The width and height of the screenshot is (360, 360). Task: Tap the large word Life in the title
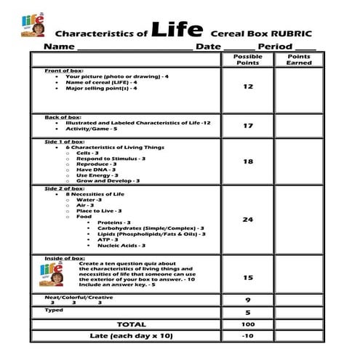177,30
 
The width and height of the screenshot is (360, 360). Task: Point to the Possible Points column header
247,60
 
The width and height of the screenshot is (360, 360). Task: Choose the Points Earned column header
299,60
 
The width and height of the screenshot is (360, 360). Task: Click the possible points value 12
247,87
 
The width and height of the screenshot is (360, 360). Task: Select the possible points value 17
247,126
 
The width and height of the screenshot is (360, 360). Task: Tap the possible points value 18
247,161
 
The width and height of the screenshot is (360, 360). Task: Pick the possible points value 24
247,219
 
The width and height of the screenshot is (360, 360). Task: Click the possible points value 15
247,277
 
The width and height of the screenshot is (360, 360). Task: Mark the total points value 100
247,324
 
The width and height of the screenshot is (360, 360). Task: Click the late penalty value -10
247,335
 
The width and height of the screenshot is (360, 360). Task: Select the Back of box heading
63,117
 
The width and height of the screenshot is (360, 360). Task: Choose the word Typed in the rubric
54,310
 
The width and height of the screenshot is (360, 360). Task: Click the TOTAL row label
131,324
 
